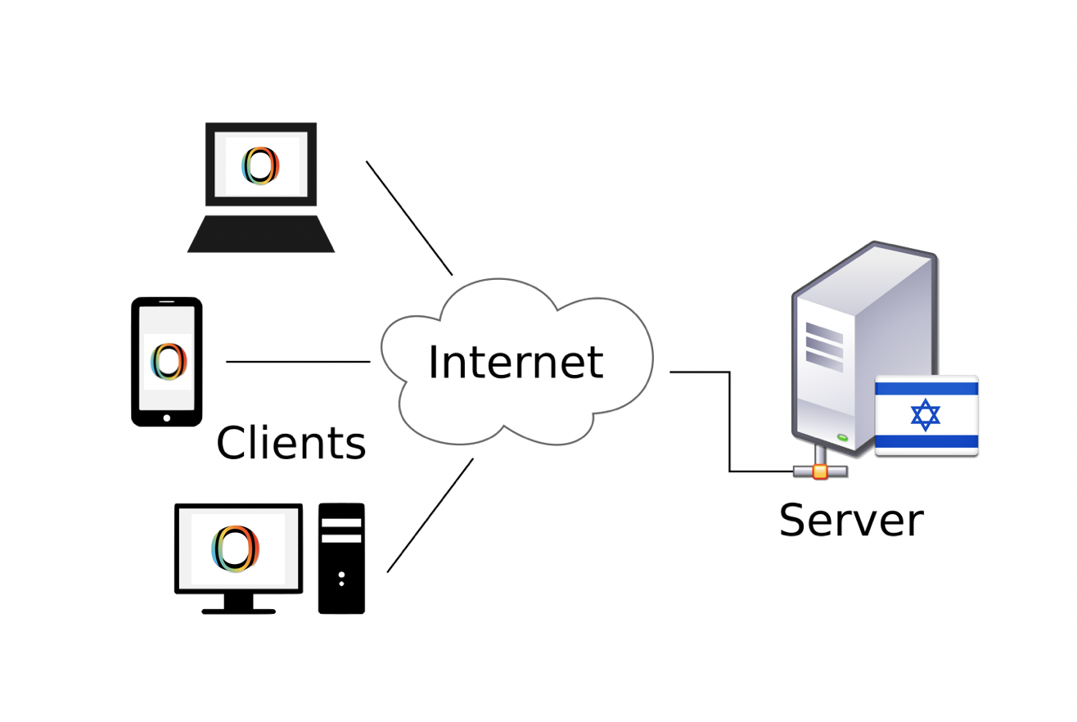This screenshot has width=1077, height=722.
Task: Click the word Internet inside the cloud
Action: (x=515, y=363)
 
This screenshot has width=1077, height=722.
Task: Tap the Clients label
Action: (x=291, y=444)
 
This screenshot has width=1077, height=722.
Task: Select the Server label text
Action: (x=850, y=521)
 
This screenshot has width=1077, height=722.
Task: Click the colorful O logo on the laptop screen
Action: (x=261, y=165)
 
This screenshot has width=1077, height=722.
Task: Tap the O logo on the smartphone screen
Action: (x=168, y=362)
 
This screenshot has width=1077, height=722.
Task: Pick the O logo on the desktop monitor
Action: (x=236, y=548)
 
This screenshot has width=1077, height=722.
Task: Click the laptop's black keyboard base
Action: (x=261, y=235)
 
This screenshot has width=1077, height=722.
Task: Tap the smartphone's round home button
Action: (x=167, y=417)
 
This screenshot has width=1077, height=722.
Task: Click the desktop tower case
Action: (x=341, y=558)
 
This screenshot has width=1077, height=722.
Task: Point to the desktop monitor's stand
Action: (x=238, y=604)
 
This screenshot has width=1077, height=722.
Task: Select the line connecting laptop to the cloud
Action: (x=409, y=218)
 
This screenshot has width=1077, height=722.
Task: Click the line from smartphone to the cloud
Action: (x=298, y=362)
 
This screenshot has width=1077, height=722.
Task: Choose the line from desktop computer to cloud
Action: (x=430, y=515)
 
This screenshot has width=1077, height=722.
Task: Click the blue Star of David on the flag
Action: (x=926, y=415)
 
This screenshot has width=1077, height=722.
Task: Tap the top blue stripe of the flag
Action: (x=926, y=389)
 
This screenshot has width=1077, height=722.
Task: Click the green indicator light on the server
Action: (x=842, y=438)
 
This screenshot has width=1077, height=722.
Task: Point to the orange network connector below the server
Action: (x=820, y=472)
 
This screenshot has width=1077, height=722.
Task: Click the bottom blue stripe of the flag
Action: (x=926, y=441)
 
